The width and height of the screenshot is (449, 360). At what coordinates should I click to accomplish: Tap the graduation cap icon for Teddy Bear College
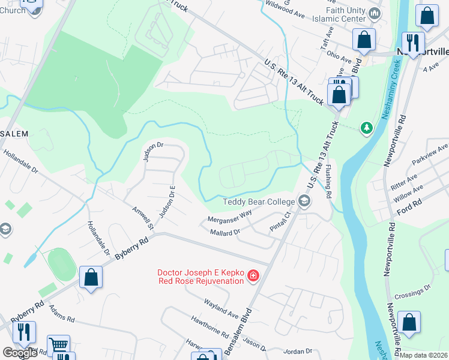[304, 202]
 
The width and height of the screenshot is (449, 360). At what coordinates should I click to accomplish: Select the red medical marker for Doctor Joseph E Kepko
[253, 276]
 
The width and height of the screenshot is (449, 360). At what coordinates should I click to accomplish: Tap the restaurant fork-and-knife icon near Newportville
[412, 42]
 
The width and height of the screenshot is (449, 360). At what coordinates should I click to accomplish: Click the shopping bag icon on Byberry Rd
[91, 277]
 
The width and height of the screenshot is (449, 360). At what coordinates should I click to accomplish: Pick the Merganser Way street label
[229, 216]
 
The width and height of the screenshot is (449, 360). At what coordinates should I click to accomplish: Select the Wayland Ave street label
[221, 309]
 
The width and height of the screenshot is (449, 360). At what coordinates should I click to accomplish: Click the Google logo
[20, 353]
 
